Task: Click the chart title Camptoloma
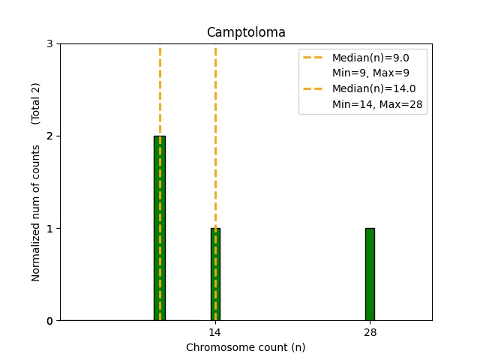(246, 32)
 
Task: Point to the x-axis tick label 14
(214, 332)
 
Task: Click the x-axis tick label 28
(370, 332)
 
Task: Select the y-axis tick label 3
(49, 43)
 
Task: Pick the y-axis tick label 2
(49, 136)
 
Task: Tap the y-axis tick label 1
(49, 228)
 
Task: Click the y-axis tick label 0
(49, 321)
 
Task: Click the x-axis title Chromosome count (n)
(246, 347)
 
